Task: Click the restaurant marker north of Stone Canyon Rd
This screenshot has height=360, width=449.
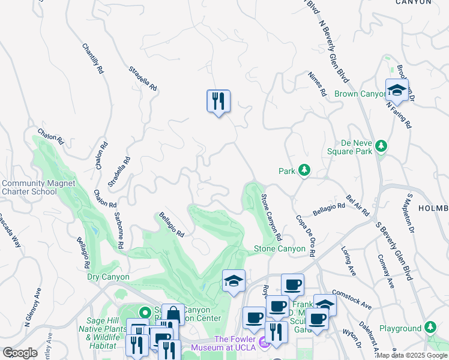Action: click(218, 101)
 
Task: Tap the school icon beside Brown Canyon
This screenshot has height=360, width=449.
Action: click(397, 91)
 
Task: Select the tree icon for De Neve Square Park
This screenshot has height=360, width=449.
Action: click(381, 146)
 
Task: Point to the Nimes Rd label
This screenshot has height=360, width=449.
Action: click(316, 85)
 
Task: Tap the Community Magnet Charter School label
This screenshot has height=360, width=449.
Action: click(38, 187)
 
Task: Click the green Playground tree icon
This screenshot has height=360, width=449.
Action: click(430, 328)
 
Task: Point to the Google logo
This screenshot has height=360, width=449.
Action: click(20, 353)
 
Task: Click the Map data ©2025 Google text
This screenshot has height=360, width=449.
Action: click(412, 355)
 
